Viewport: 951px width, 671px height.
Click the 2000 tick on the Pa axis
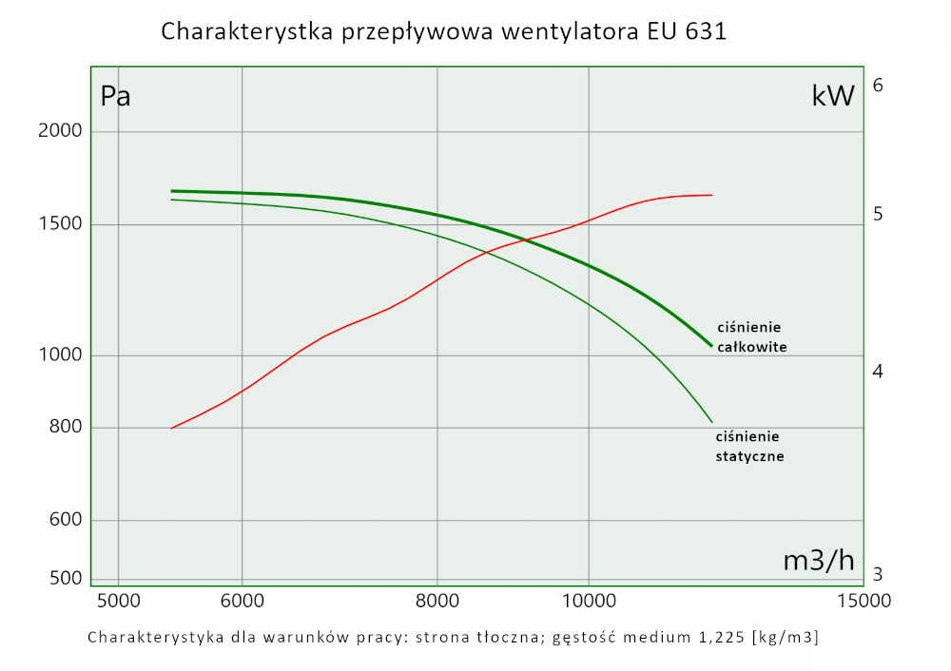click(x=59, y=131)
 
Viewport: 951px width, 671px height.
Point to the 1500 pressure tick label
click(x=59, y=224)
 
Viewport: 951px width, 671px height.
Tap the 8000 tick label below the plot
click(x=437, y=601)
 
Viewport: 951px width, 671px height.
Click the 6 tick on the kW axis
click(x=879, y=86)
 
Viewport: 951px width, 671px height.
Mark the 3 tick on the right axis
click(x=879, y=574)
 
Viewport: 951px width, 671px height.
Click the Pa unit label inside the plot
click(x=115, y=97)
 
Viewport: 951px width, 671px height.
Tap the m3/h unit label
click(x=819, y=561)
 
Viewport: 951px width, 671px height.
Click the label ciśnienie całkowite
click(x=751, y=337)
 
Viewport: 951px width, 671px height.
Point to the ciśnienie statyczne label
click(x=749, y=446)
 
